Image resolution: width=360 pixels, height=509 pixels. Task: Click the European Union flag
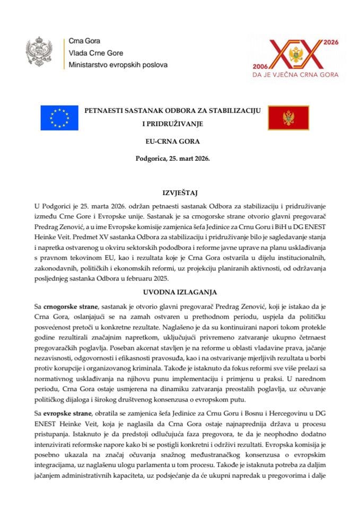coord(59,118)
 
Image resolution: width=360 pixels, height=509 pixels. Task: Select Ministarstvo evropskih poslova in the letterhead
coord(118,65)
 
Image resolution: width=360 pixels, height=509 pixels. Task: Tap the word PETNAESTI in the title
coord(104,111)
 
